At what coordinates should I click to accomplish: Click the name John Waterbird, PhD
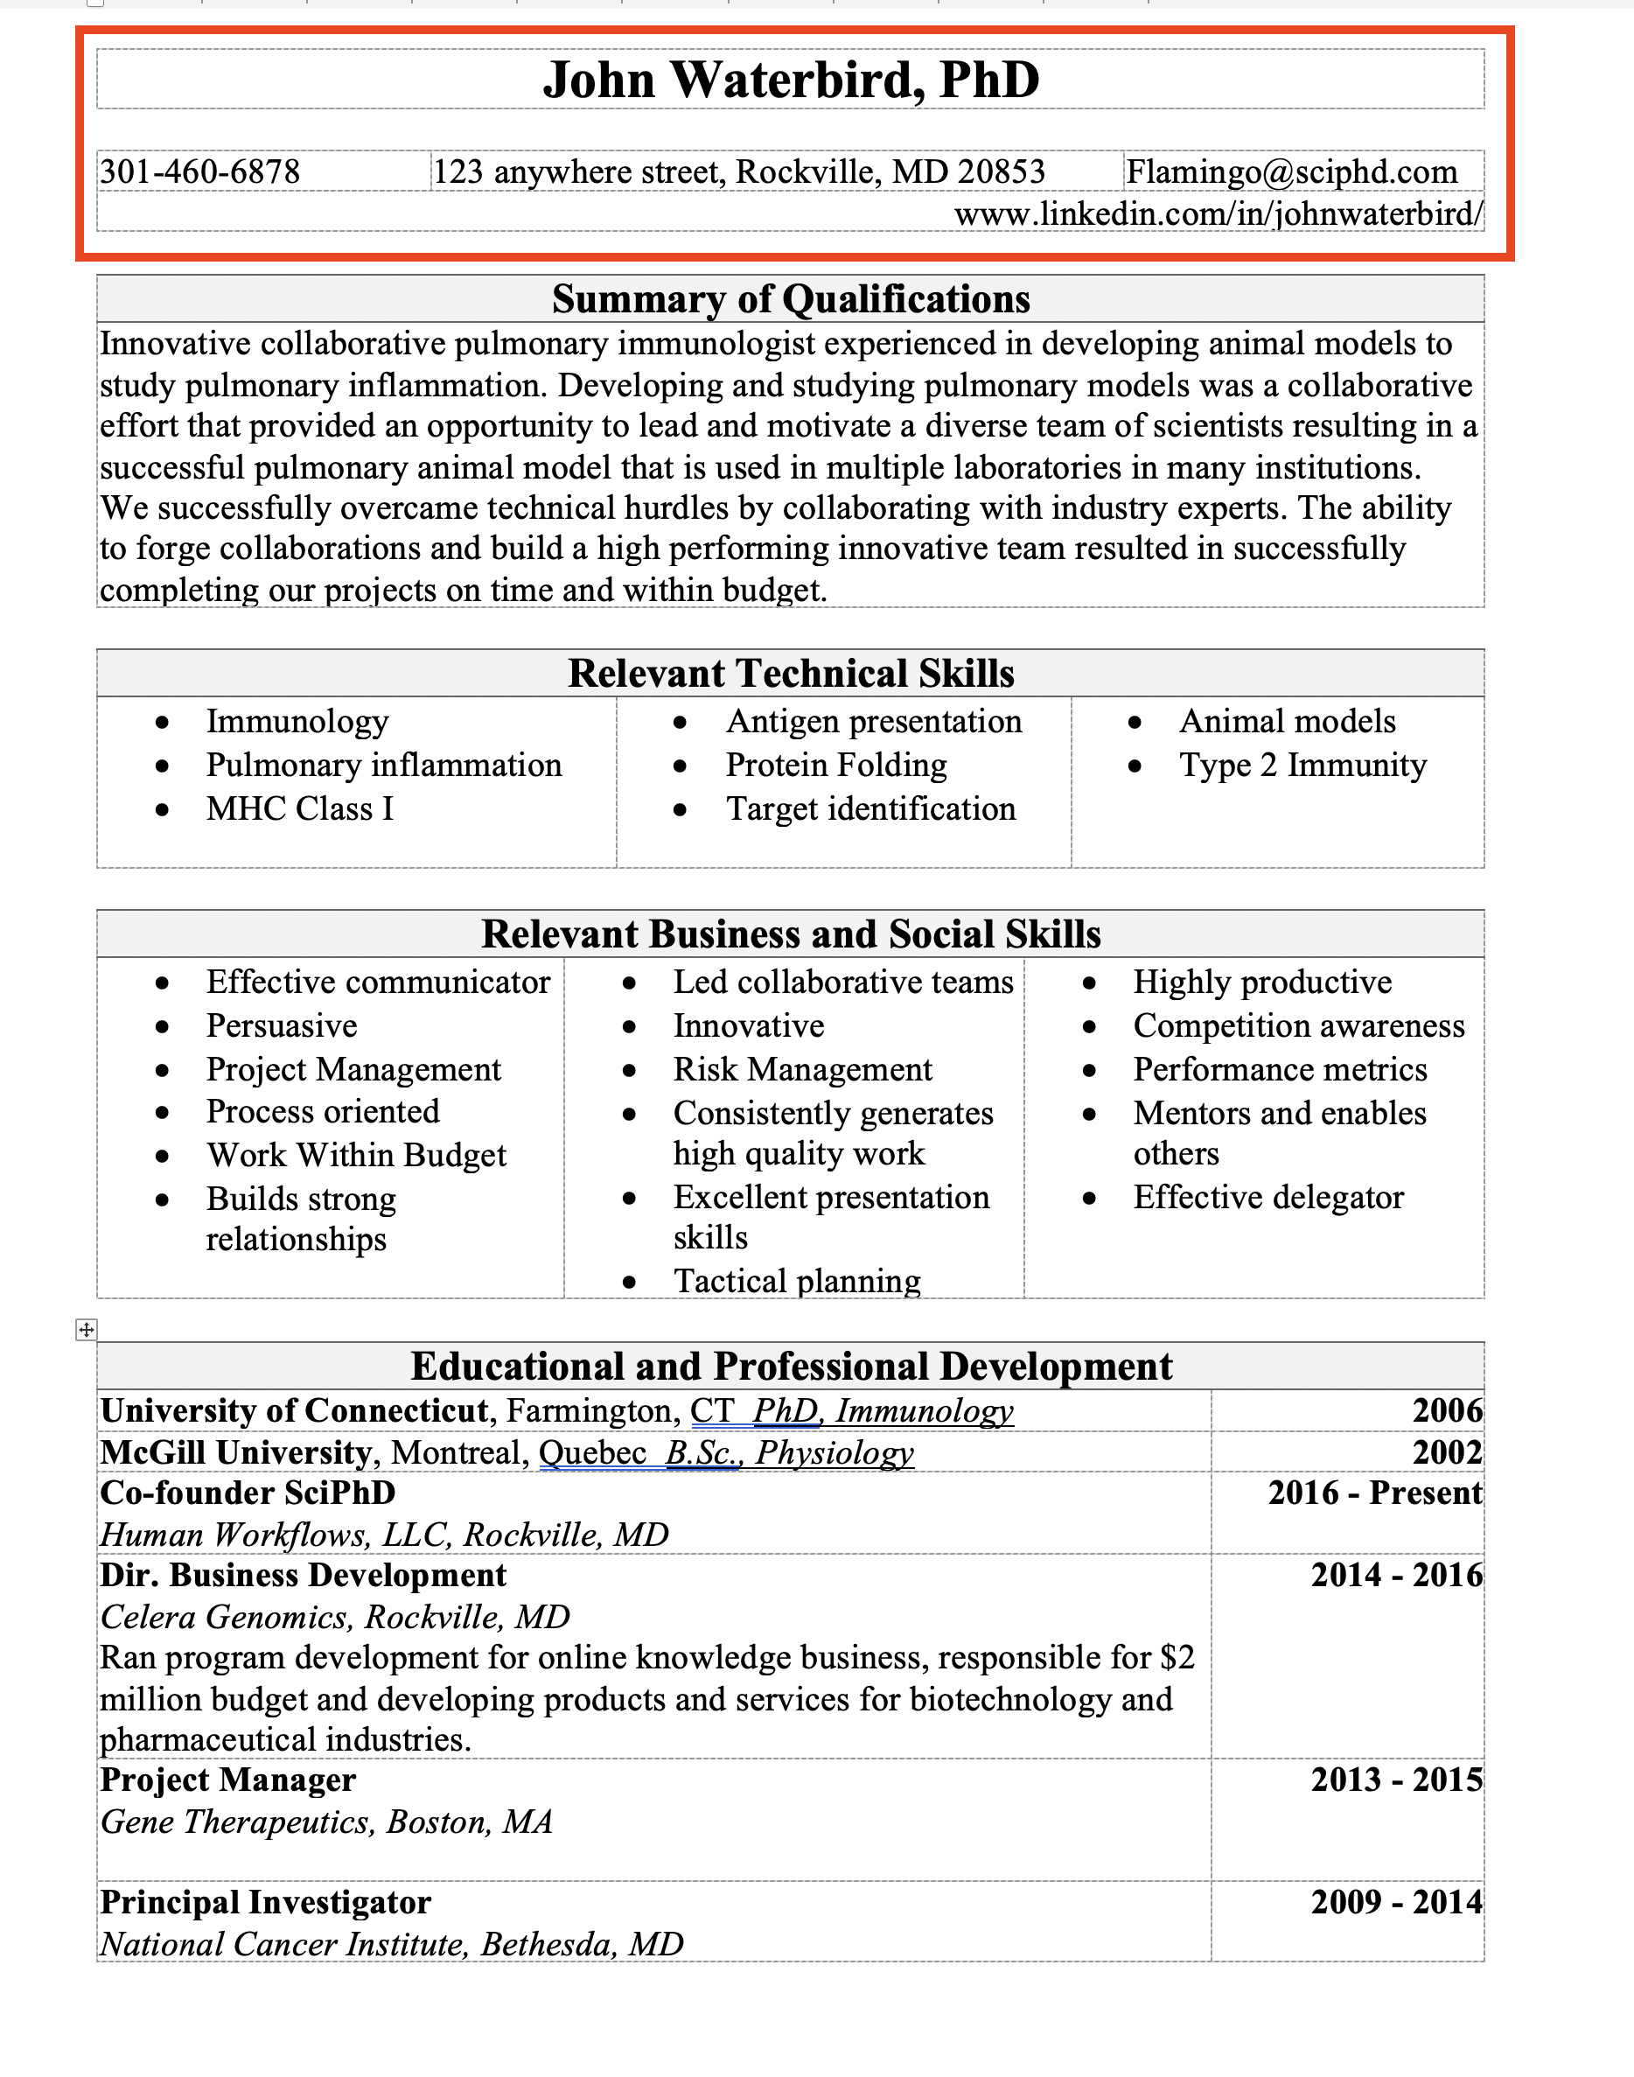pos(790,80)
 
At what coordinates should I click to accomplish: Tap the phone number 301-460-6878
pos(200,172)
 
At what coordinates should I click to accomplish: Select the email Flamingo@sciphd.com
pos(1291,172)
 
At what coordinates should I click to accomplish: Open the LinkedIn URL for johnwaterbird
pos(1218,213)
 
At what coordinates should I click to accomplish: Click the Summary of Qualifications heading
pos(790,299)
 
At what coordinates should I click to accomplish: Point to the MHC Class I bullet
pos(299,809)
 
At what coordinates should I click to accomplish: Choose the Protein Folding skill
pos(836,766)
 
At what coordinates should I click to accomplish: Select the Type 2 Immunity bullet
pos(1302,766)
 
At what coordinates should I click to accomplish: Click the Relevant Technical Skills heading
pos(790,674)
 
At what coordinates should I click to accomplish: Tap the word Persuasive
pos(282,1026)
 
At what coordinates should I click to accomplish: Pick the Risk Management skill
pos(802,1070)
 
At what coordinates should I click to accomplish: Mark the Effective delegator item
pos(1267,1198)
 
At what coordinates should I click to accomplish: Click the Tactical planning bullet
pos(796,1281)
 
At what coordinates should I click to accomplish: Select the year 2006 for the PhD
pos(1447,1411)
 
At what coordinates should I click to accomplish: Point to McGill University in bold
pos(235,1453)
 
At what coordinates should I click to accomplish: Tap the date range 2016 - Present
pos(1375,1493)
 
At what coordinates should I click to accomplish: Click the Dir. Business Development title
pos(304,1576)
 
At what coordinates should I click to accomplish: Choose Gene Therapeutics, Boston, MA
pos(326,1822)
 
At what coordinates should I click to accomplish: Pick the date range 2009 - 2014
pos(1396,1902)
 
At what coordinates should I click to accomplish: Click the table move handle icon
pos(86,1329)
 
